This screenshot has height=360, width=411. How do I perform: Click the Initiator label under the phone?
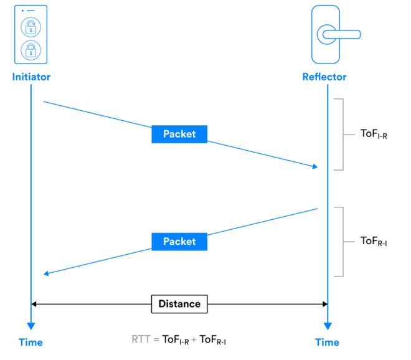31,77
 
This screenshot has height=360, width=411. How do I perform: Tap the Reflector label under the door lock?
324,77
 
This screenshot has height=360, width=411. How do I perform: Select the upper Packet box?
179,134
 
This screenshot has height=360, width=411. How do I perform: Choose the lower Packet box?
179,242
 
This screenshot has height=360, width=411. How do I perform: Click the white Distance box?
179,304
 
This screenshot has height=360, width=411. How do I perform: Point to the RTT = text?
146,339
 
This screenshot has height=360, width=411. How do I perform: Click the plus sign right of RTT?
194,339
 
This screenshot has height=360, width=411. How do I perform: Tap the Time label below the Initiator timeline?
31,342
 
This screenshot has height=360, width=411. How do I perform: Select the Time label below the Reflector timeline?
327,342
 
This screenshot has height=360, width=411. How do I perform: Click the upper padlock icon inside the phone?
30,27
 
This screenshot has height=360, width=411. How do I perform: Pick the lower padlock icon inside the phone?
30,49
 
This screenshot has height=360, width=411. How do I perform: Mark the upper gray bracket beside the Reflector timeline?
340,134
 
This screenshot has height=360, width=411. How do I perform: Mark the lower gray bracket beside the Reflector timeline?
340,242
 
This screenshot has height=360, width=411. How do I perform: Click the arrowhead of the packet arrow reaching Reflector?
316,166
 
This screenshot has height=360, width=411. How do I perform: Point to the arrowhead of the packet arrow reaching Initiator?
45,273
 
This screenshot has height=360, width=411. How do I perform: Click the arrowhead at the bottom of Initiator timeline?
31,326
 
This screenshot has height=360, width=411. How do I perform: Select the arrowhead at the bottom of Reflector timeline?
328,326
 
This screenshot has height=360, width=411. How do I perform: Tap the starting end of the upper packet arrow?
44,101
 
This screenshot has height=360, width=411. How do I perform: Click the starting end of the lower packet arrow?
318,209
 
